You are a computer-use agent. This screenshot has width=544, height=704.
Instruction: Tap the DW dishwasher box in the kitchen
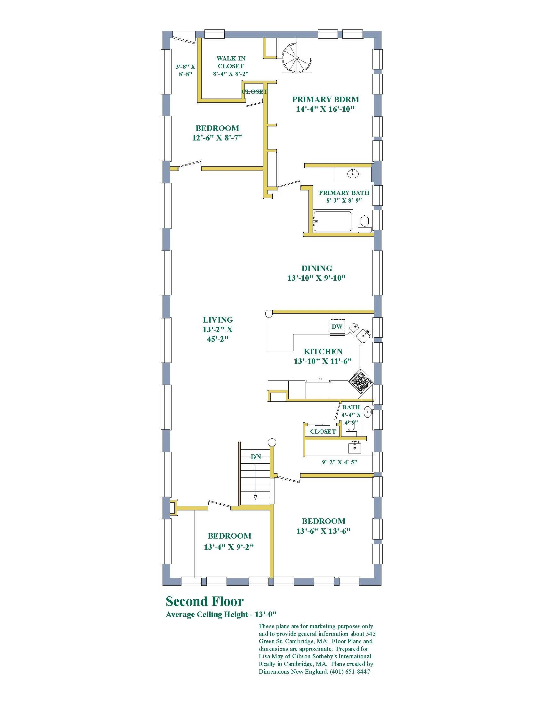point(337,326)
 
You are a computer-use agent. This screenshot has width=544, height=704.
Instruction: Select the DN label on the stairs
point(256,457)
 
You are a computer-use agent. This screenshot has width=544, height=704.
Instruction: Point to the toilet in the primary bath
point(364,222)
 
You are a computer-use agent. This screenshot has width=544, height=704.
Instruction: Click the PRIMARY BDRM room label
point(325,100)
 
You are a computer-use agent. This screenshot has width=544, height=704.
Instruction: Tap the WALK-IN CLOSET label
point(231,62)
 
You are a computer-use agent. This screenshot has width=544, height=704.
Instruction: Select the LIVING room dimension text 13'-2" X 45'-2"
point(218,334)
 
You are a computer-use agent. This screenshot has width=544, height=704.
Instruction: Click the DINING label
point(317,268)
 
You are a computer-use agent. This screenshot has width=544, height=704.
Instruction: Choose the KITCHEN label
point(323,351)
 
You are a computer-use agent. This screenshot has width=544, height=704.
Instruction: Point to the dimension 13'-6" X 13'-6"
point(323,531)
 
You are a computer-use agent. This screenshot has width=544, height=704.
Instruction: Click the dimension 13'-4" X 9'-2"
point(229,547)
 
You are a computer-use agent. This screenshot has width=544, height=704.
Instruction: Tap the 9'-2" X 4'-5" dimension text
point(340,462)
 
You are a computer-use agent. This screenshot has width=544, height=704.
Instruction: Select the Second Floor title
point(205,602)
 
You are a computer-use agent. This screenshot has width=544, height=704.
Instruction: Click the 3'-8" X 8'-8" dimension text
point(185,70)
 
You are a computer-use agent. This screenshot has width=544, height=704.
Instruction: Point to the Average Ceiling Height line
point(221,614)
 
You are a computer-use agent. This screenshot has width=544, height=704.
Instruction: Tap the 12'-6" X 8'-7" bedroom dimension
point(217,138)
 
